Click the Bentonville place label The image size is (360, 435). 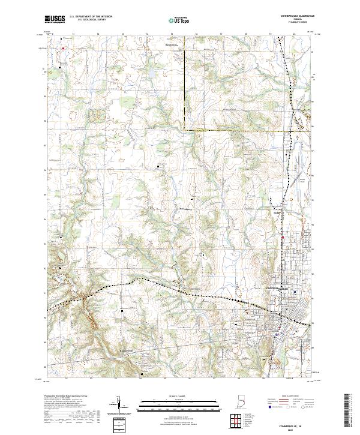point(172,44)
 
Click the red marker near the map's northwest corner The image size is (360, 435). point(62,43)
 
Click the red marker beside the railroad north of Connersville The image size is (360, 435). point(282,238)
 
